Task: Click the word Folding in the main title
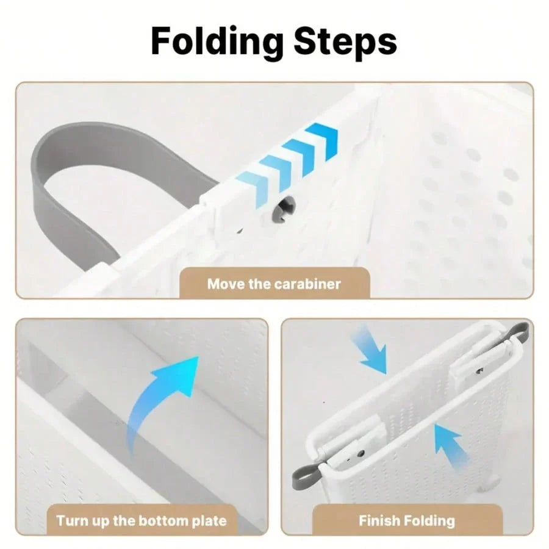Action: point(217,41)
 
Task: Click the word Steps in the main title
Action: point(345,41)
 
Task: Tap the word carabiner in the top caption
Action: point(307,284)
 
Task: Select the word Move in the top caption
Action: point(226,284)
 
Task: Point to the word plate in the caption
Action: point(209,521)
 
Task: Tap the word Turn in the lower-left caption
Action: point(72,521)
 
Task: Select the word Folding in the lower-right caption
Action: point(428,521)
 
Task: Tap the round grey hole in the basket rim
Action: point(284,209)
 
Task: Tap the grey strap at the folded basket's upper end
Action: point(517,332)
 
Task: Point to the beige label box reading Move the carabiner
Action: point(274,282)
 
